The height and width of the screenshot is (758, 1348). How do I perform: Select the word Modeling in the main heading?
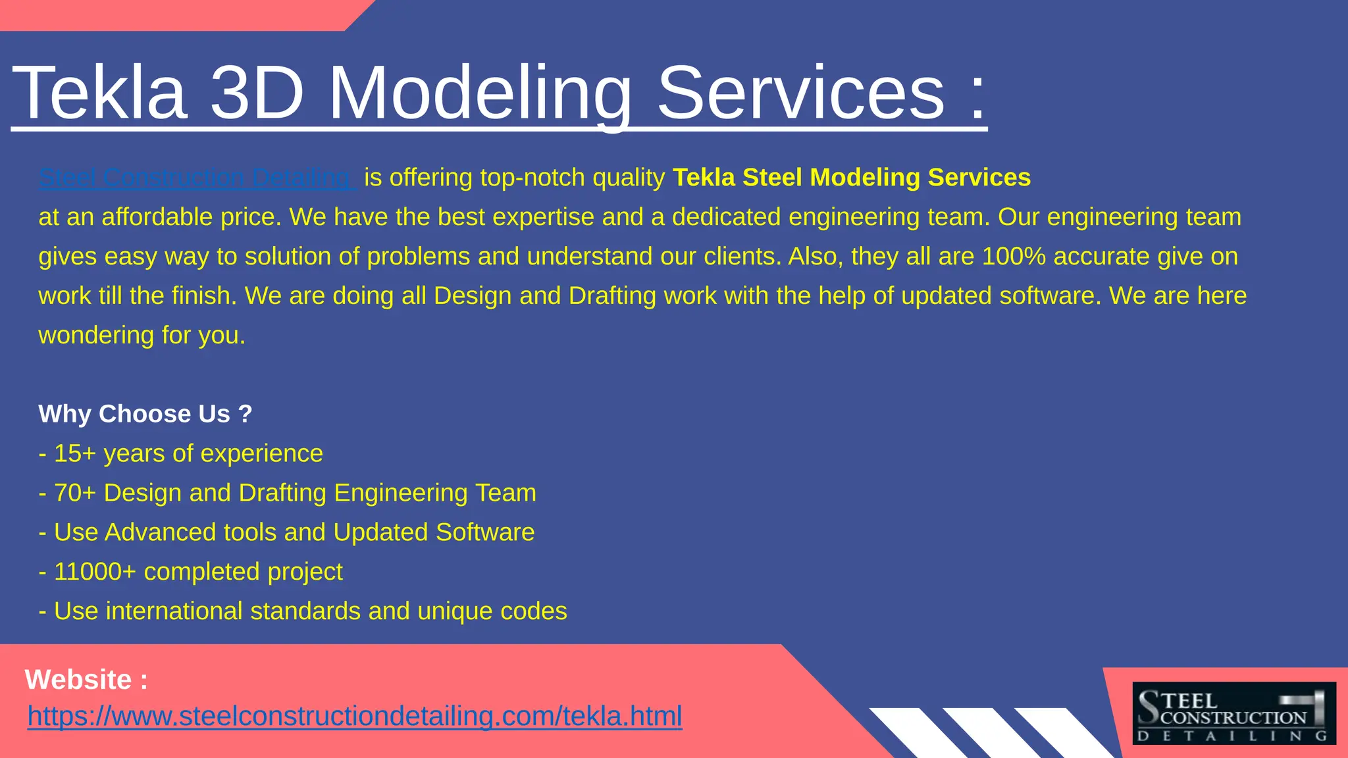point(480,93)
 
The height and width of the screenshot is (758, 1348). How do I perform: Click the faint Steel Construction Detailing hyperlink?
point(197,178)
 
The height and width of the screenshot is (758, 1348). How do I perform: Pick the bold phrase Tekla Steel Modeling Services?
point(852,178)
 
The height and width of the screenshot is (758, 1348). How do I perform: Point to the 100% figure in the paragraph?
point(1014,257)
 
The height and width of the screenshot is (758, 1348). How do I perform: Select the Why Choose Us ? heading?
point(145,414)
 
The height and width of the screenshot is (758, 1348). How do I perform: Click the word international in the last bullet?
point(174,611)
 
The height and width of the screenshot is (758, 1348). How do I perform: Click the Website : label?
point(86,680)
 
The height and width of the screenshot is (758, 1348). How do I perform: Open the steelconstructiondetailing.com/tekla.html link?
point(355,716)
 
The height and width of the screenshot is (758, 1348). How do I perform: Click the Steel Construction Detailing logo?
point(1233,713)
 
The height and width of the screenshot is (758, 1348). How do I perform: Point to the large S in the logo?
point(1149,707)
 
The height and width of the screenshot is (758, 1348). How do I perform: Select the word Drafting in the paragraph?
point(612,296)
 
